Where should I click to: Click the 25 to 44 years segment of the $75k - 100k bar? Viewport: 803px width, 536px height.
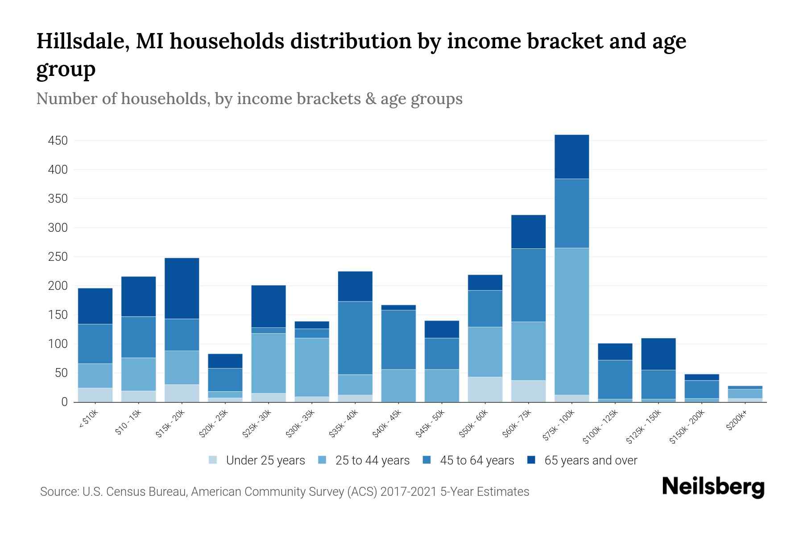[571, 321]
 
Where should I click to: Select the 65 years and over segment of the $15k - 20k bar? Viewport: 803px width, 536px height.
[182, 288]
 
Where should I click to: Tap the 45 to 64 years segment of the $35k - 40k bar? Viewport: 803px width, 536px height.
[355, 338]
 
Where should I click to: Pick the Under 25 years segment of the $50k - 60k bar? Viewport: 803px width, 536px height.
[485, 389]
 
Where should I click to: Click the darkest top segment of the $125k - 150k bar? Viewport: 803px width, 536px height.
[658, 354]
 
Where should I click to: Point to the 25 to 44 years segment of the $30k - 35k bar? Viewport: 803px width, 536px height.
[312, 367]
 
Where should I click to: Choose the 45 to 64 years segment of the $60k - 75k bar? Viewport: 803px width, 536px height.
[528, 285]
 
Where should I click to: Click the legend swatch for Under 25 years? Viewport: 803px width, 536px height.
[213, 460]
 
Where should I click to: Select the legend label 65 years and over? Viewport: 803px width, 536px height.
[590, 460]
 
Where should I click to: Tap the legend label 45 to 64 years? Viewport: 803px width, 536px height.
[477, 460]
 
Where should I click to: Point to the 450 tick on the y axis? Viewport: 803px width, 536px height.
[58, 141]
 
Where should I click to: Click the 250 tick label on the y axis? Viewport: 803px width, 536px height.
[58, 257]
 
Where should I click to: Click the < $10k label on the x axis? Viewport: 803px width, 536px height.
[89, 419]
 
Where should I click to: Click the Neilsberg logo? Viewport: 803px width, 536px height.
[713, 486]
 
